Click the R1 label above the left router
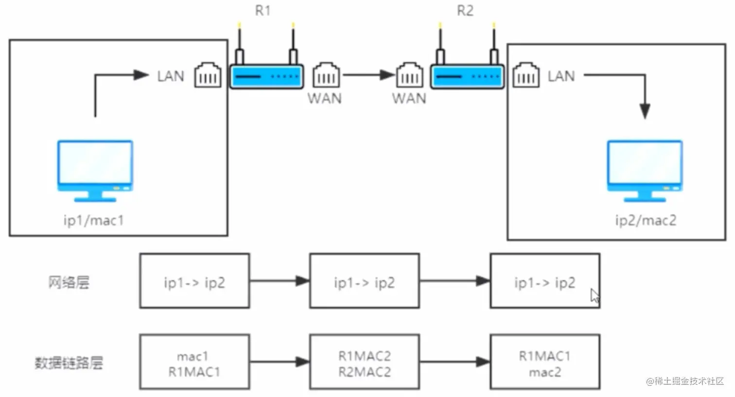pos(262,11)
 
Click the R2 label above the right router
pos(465,11)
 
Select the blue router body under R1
pos(267,77)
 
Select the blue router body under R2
pos(467,77)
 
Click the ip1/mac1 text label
pos(94,220)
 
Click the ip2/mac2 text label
pos(646,220)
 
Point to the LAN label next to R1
pos(171,76)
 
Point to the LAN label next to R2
pos(561,76)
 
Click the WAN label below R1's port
pos(325,98)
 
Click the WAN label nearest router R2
pos(409,98)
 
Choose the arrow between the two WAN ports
pos(368,75)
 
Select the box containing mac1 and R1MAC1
pos(194,362)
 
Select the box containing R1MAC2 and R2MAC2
pos(365,362)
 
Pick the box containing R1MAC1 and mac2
pos(545,362)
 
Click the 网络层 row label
pos(69,282)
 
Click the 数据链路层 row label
pos(69,363)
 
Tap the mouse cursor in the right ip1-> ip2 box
pos(595,295)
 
